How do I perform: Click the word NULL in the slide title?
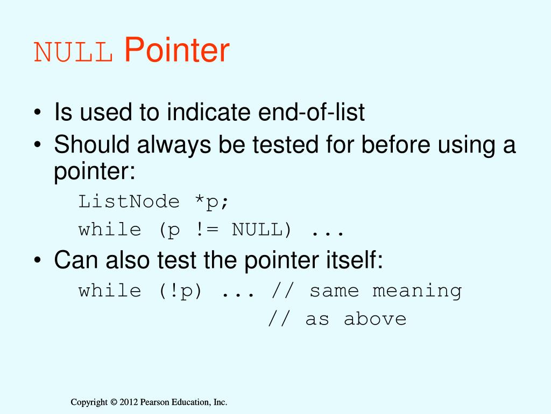pyautogui.click(x=73, y=53)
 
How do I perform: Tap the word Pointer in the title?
pyautogui.click(x=177, y=51)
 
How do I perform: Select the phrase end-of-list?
pyautogui.click(x=313, y=113)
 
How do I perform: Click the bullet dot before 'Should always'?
pyautogui.click(x=37, y=146)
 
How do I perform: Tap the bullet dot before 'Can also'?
pyautogui.click(x=37, y=262)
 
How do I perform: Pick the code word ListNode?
pyautogui.click(x=129, y=202)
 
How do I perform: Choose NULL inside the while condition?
pyautogui.click(x=262, y=230)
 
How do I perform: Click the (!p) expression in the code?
pyautogui.click(x=180, y=291)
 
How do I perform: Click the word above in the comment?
pyautogui.click(x=375, y=319)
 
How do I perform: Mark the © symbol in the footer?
pyautogui.click(x=113, y=402)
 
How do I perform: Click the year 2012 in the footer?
pyautogui.click(x=129, y=402)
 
